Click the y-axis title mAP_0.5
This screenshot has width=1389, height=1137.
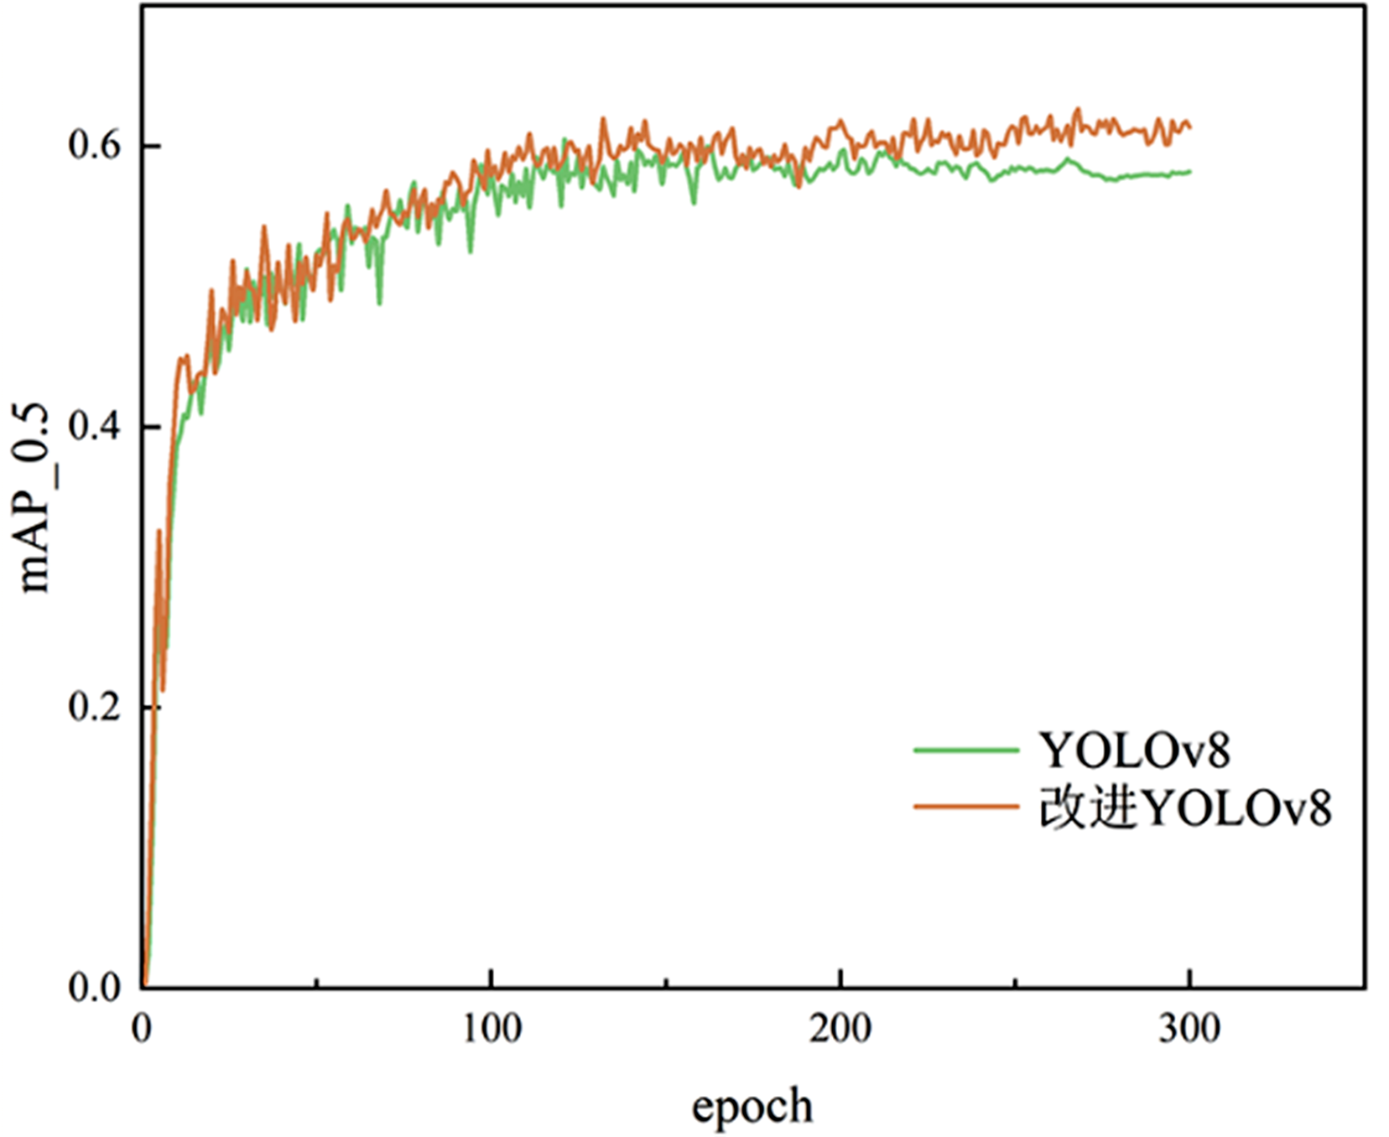pos(35,498)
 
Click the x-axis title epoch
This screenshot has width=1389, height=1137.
pos(752,1107)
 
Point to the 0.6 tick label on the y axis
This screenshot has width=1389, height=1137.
pos(94,145)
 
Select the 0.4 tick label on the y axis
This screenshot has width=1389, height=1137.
pos(94,427)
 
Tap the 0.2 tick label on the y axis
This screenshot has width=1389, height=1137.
pos(94,707)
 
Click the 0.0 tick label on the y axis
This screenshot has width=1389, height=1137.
pos(94,987)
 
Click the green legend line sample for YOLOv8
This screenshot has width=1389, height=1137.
pos(965,750)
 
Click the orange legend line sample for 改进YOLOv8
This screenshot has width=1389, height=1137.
pos(965,807)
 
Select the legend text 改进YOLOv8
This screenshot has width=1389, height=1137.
pos(1185,808)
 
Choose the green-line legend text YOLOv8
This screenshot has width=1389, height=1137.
pos(1135,750)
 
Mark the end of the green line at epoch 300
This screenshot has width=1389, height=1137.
pos(1189,172)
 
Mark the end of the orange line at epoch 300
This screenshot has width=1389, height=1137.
pos(1189,127)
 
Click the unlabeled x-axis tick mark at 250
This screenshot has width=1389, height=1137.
pos(1015,981)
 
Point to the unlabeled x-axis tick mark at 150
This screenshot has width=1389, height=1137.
pos(666,981)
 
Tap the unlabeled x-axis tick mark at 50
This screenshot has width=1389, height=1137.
pos(317,981)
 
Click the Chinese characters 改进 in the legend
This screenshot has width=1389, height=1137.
pos(1088,808)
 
